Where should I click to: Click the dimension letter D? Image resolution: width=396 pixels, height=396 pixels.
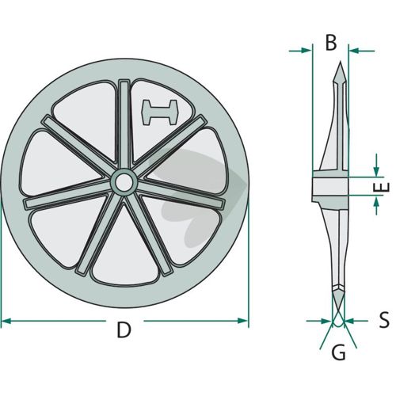124,330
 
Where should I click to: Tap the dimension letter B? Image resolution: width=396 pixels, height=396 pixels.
331,43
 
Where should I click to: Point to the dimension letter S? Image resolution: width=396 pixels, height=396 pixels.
384,320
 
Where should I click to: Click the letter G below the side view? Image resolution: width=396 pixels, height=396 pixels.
338,353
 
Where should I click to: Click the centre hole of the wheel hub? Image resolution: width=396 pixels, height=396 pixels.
124,182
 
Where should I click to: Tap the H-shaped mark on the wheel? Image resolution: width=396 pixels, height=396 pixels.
160,112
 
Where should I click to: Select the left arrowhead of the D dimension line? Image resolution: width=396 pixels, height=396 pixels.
6,321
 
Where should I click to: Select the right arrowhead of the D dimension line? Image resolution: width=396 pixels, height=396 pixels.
242,321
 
